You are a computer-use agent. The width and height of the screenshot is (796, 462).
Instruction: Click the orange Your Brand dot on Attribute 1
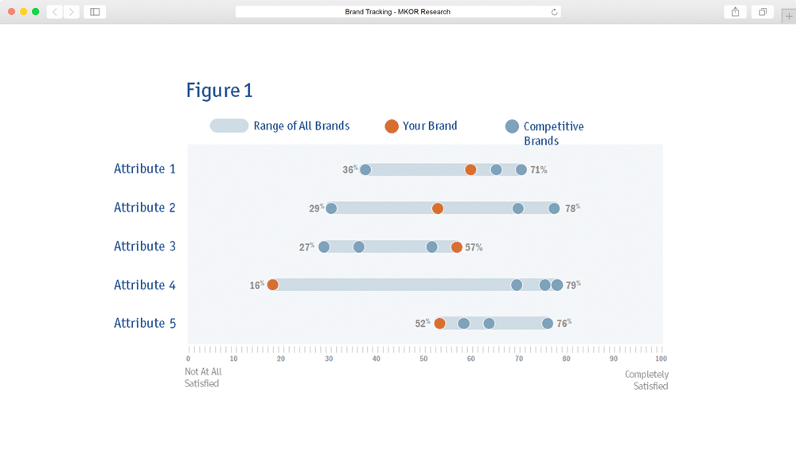(x=470, y=169)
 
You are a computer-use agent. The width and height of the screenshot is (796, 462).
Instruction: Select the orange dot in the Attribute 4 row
(x=272, y=285)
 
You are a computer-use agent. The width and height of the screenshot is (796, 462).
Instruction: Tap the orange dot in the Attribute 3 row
(x=456, y=247)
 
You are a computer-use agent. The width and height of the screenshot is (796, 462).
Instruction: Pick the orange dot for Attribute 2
(x=438, y=208)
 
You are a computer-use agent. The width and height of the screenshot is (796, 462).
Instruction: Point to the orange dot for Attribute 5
(x=439, y=323)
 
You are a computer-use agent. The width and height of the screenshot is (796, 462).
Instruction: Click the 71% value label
(x=539, y=170)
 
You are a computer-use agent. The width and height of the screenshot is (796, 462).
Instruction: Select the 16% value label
(x=257, y=285)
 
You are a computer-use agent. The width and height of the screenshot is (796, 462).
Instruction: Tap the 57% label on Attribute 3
(x=474, y=247)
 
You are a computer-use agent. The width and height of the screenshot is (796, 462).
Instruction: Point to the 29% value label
(x=316, y=208)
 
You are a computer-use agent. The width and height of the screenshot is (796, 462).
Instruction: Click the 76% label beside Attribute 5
(x=564, y=323)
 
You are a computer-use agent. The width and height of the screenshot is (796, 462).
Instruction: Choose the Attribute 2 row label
(x=145, y=208)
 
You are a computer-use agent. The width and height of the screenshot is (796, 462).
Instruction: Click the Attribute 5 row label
(x=145, y=323)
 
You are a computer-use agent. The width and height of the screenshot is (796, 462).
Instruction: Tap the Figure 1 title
(x=220, y=91)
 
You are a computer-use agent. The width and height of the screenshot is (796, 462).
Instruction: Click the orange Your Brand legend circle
(x=392, y=126)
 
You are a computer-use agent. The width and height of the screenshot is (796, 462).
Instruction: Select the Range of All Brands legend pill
(x=229, y=126)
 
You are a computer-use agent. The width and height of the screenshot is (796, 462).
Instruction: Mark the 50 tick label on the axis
(x=423, y=359)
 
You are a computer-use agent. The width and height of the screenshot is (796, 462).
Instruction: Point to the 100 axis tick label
(x=661, y=359)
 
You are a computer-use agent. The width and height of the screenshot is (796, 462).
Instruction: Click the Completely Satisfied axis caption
(x=646, y=380)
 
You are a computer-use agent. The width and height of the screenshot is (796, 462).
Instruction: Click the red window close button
(x=12, y=12)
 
